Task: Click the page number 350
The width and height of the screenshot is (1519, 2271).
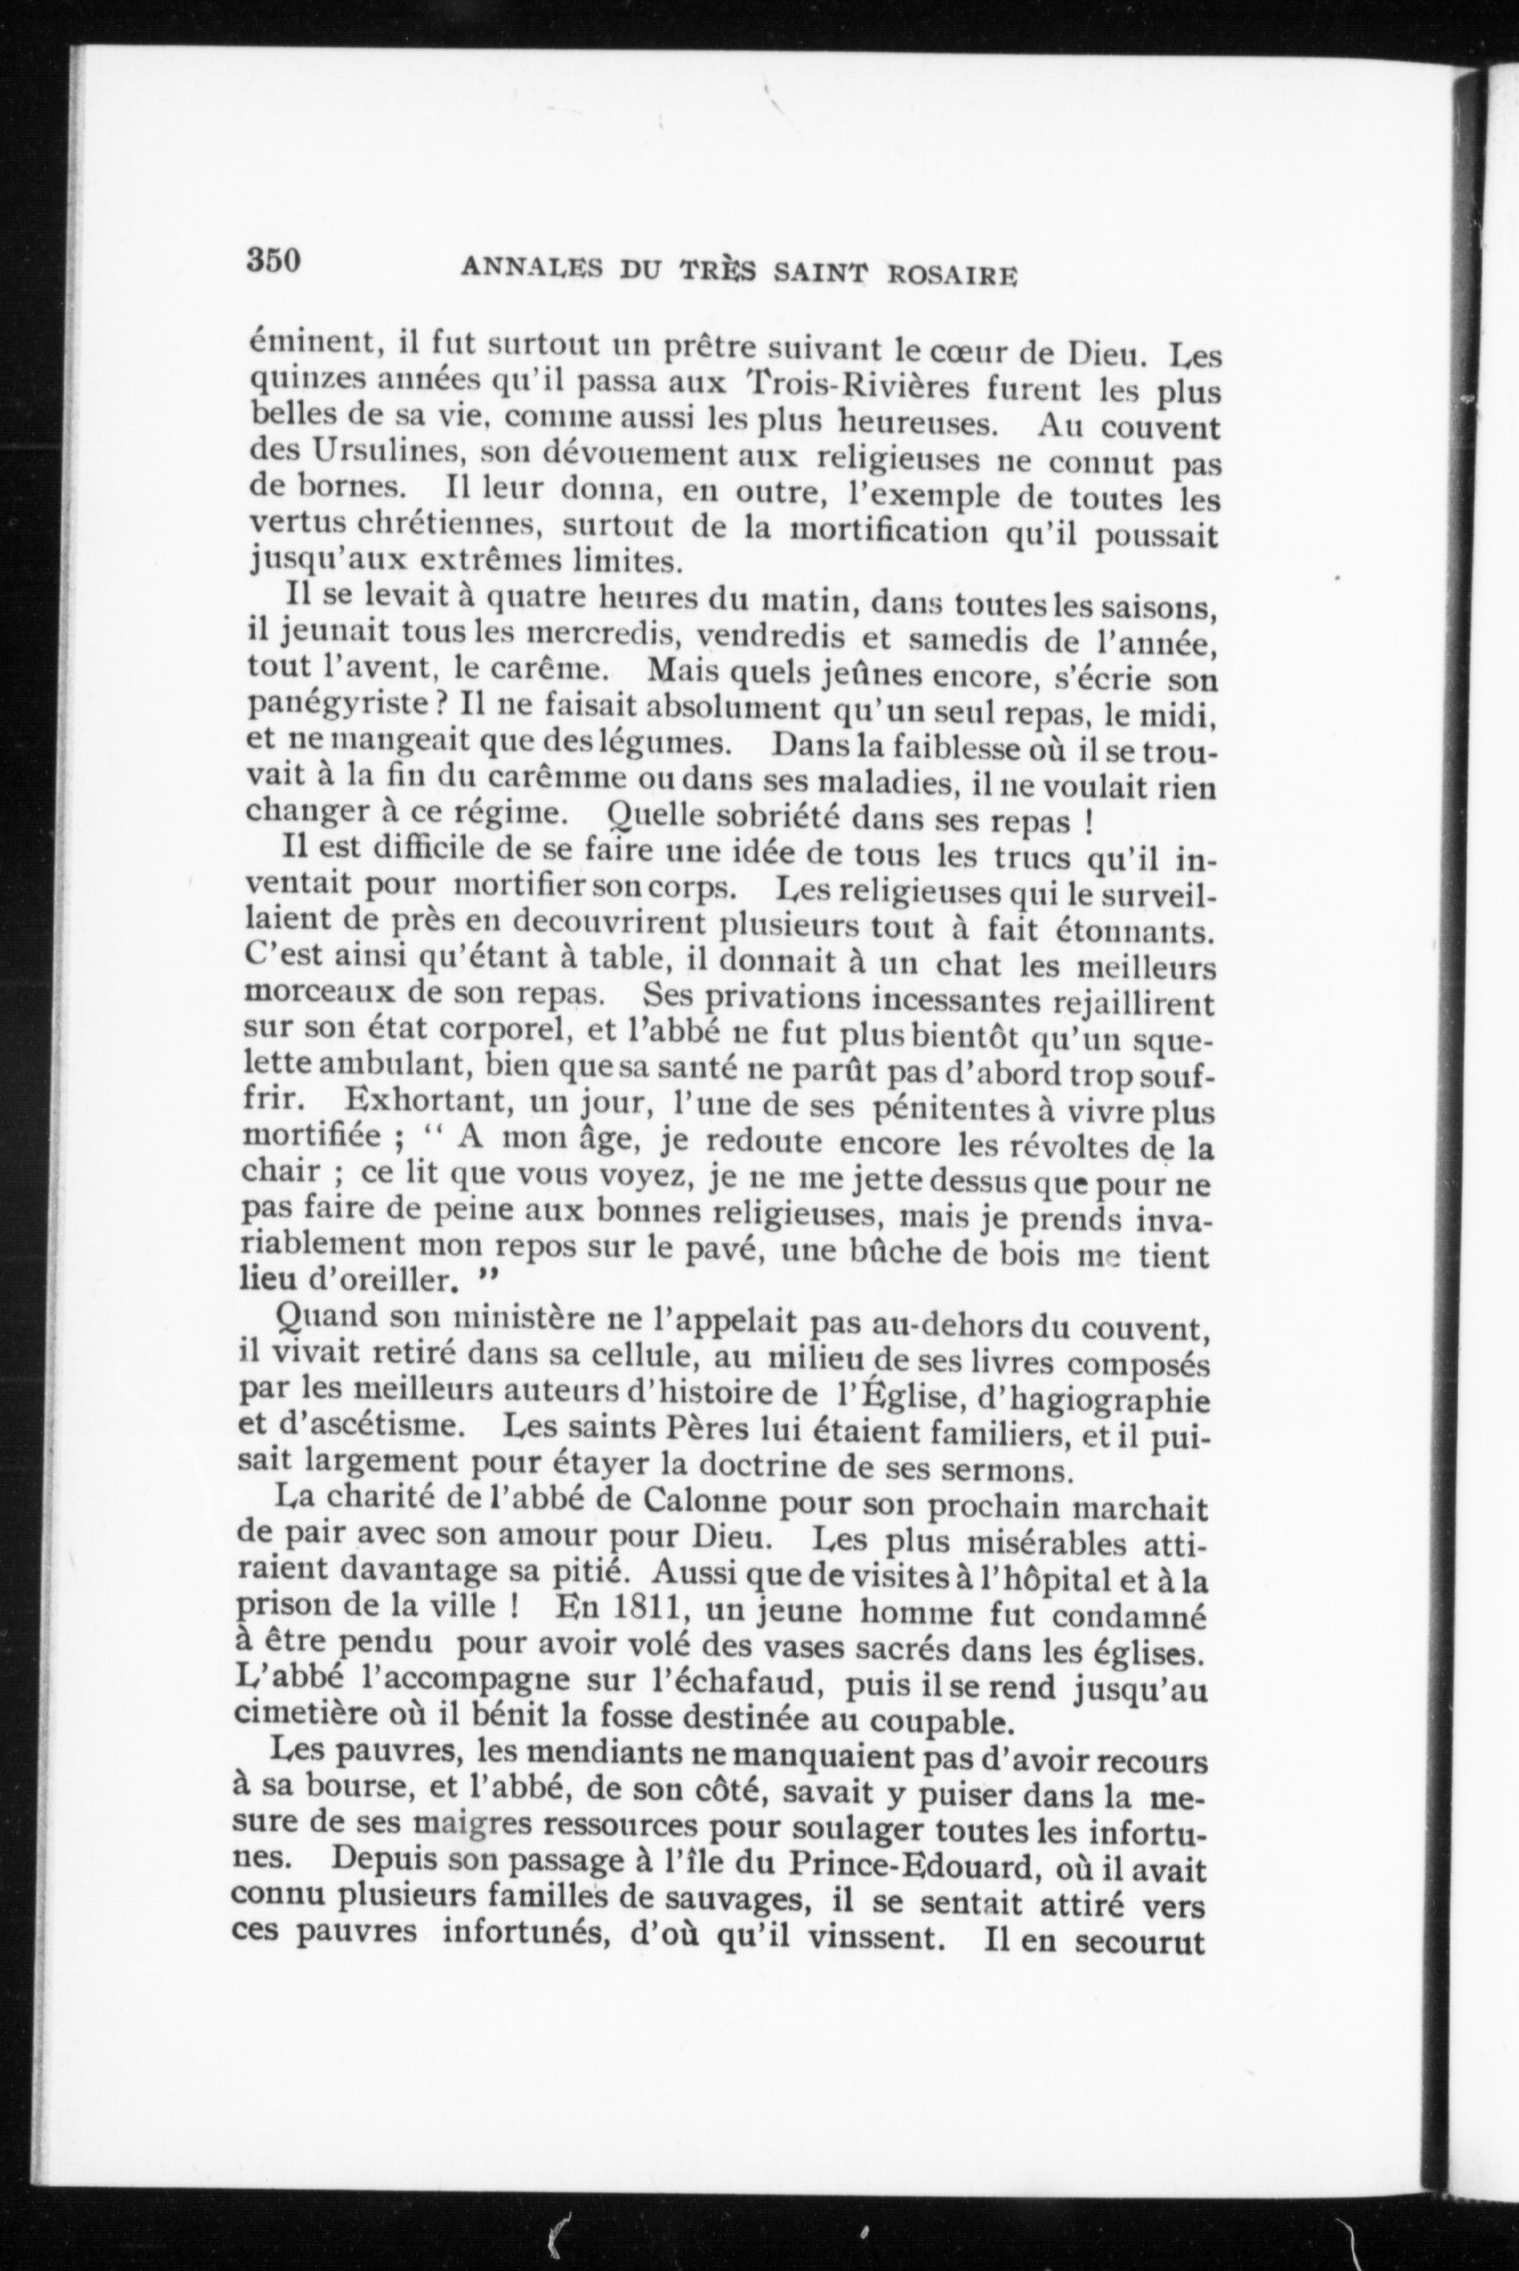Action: coord(275,261)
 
